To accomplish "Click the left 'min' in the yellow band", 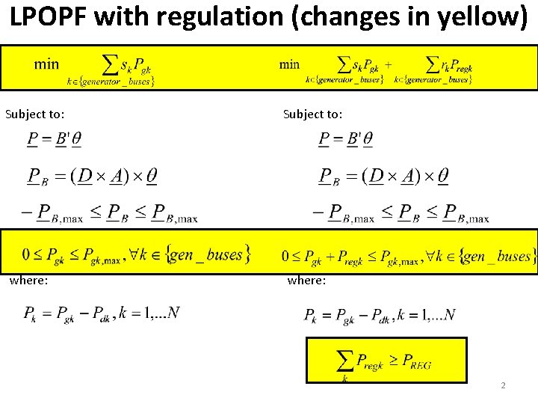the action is (x=46, y=64).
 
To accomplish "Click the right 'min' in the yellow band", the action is (x=289, y=64).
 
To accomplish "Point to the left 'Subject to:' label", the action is (x=34, y=114).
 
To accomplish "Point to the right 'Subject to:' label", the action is (x=312, y=114).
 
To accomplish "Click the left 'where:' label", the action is (x=28, y=280).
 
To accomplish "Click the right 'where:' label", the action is (x=306, y=280).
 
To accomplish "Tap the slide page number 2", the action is (x=503, y=385).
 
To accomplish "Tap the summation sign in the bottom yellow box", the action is (x=345, y=362).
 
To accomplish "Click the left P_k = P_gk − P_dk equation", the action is (x=101, y=313).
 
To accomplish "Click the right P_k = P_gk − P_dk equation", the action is (x=380, y=314).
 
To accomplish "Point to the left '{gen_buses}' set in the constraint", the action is (x=208, y=254).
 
